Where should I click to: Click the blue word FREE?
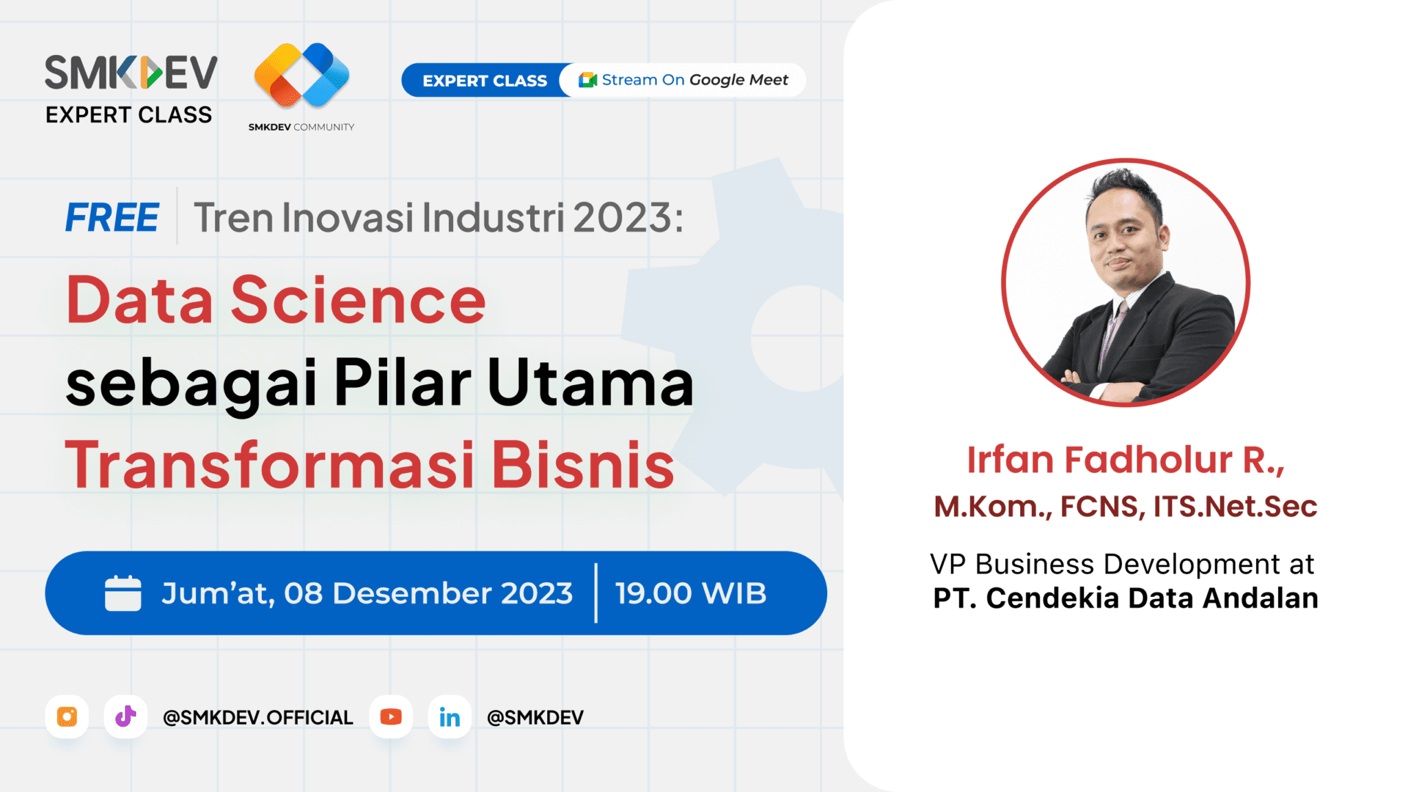(x=112, y=218)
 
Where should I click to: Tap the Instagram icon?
(x=67, y=716)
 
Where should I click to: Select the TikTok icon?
(x=125, y=716)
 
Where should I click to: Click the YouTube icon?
(x=390, y=716)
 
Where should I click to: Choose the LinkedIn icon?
(x=450, y=716)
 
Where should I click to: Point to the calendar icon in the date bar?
(x=123, y=593)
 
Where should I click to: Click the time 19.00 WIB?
(x=690, y=593)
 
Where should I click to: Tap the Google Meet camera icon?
(x=587, y=80)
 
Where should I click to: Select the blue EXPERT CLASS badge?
(x=485, y=80)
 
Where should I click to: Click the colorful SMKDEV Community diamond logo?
(x=302, y=75)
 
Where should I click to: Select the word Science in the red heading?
(x=358, y=300)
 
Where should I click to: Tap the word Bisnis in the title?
(x=583, y=465)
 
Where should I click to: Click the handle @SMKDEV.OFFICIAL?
(x=258, y=717)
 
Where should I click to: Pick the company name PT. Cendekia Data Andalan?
(x=1125, y=598)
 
